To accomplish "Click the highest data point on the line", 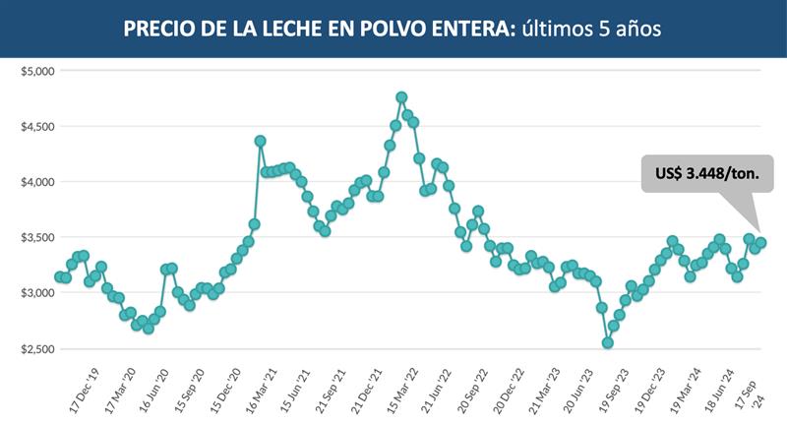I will pos(401,96).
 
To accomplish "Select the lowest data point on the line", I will pos(608,342).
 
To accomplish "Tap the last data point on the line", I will pos(760,243).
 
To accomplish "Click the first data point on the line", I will pos(59,277).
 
